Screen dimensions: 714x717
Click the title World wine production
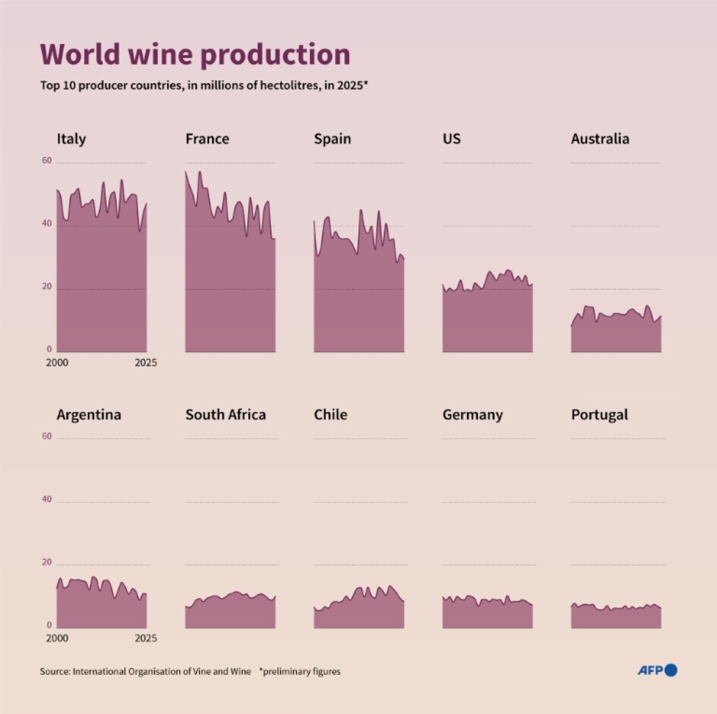click(195, 55)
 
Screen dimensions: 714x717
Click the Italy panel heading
click(71, 139)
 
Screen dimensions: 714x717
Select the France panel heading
click(207, 139)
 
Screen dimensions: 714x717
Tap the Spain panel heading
click(332, 139)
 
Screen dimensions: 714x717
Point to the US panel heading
click(452, 139)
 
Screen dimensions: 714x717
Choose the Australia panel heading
click(600, 139)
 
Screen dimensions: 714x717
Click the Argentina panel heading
click(88, 414)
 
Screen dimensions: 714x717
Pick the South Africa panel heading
click(226, 414)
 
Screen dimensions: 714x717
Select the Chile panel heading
click(330, 414)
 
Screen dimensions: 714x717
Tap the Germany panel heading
click(472, 415)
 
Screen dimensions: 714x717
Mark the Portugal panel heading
click(599, 414)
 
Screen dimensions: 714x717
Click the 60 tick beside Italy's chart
click(47, 161)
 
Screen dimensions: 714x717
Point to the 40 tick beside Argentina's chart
click(47, 499)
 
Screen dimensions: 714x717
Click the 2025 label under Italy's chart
click(145, 363)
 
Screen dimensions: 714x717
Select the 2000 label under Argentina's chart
click(57, 638)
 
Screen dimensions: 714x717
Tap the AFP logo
click(657, 670)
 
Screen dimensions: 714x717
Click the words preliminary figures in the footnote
click(302, 672)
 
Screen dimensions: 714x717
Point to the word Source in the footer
click(54, 672)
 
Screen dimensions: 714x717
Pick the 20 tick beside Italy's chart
click(47, 287)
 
